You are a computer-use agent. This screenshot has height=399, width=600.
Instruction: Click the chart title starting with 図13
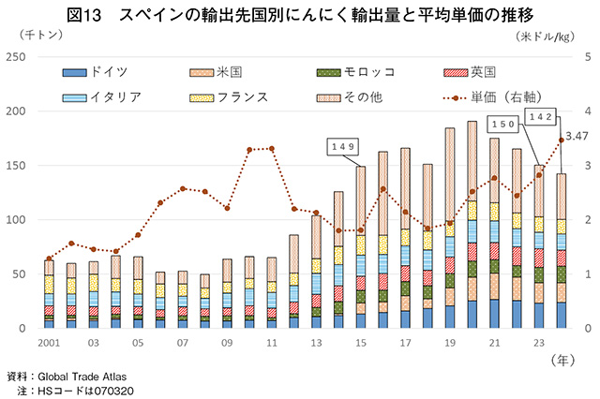click(300, 15)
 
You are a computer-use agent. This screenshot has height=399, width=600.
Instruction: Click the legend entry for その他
click(351, 96)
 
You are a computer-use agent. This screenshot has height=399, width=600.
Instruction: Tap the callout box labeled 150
click(504, 125)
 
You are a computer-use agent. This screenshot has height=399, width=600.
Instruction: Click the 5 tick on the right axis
click(587, 57)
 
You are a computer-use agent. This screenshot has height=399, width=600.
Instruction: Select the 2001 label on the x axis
click(50, 343)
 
